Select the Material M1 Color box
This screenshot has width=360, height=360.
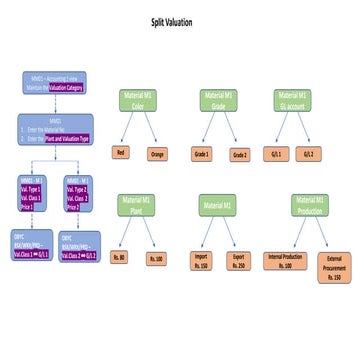(x=139, y=99)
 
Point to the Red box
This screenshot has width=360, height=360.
(x=120, y=153)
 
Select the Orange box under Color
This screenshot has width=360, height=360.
(x=156, y=153)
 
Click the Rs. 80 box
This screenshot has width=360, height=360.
(x=120, y=258)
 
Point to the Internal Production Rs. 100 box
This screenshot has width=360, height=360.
(x=281, y=261)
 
